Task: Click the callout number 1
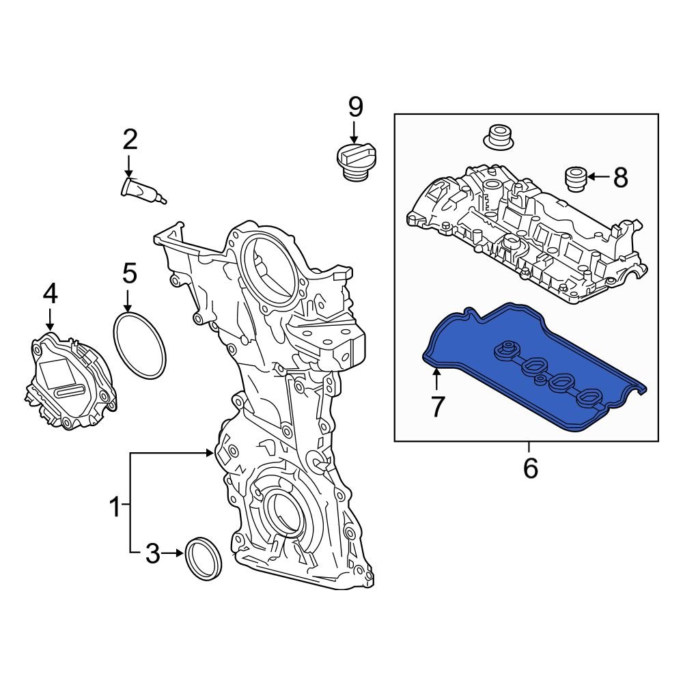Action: [x=115, y=507]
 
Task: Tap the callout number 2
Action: [x=130, y=140]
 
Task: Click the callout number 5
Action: [x=130, y=273]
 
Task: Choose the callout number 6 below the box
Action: [x=530, y=469]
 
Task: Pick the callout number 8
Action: [x=619, y=178]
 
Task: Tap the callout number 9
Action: [x=355, y=107]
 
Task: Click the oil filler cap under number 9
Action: [x=354, y=162]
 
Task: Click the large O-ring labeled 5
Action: [x=139, y=346]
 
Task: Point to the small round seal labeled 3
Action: [x=204, y=559]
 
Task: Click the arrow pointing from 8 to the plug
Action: [x=598, y=178]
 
